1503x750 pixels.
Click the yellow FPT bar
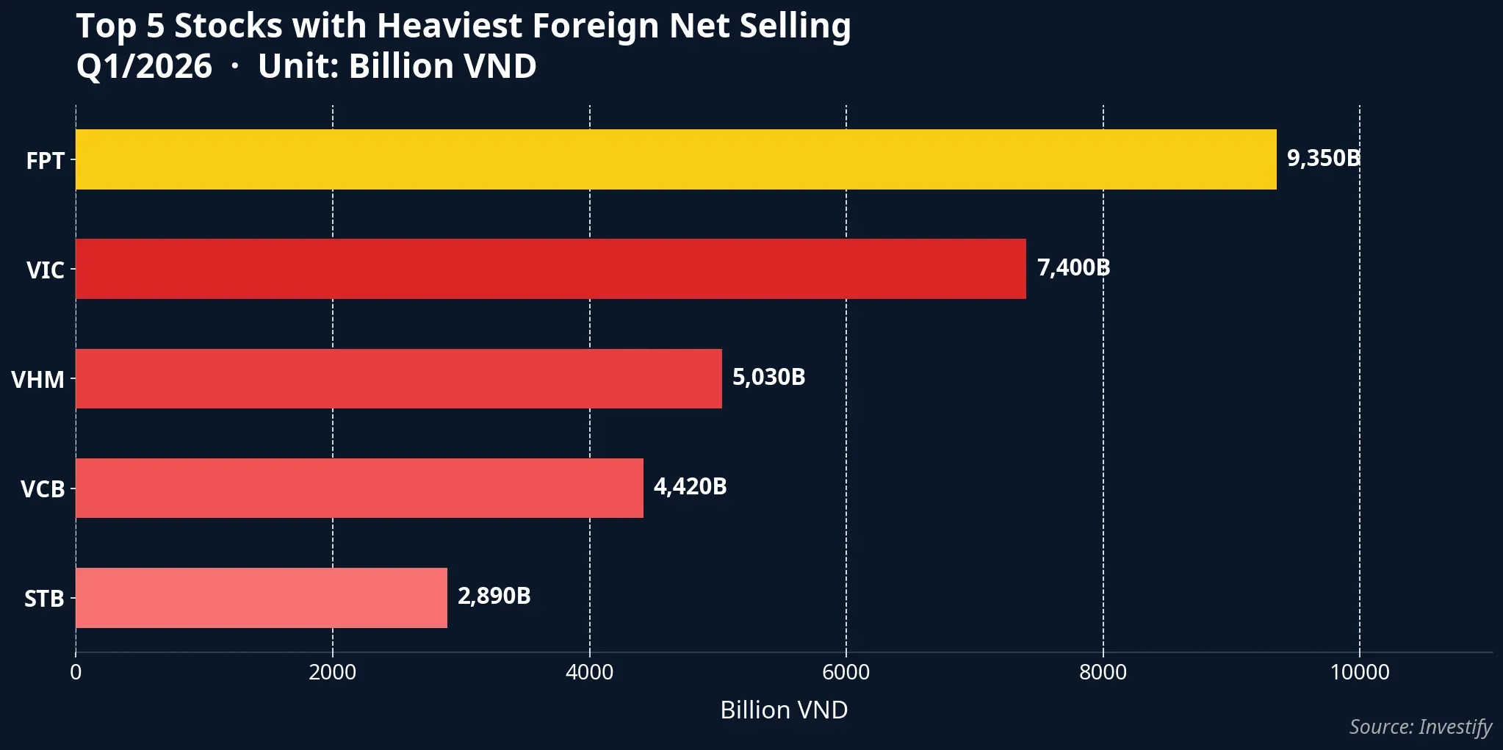(x=676, y=159)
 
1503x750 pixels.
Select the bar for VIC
(x=551, y=269)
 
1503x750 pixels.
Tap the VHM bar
(x=399, y=378)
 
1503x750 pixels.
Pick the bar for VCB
(x=359, y=488)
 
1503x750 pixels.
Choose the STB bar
(x=262, y=597)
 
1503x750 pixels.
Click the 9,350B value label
(x=1323, y=158)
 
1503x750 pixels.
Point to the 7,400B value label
(x=1073, y=267)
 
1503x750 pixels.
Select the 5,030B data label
(x=768, y=377)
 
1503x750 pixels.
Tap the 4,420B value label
(x=690, y=486)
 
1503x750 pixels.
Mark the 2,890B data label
(x=494, y=596)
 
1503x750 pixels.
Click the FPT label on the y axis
(x=45, y=161)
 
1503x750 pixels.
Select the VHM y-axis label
(x=37, y=380)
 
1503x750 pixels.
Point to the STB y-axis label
(x=44, y=599)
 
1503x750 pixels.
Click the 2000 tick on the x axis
(x=332, y=672)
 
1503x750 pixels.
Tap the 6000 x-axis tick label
(x=846, y=672)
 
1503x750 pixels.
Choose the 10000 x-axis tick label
(x=1359, y=672)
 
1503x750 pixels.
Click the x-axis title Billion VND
(x=784, y=710)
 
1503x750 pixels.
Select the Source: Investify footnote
(x=1420, y=726)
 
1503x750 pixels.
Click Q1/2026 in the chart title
(x=144, y=67)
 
